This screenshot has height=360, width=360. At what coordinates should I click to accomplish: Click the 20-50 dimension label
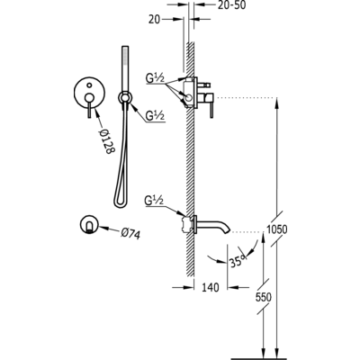pos(231,4)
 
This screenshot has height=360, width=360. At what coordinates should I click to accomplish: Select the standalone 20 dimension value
pos(154,20)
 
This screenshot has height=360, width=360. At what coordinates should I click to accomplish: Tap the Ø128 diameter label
pos(107,141)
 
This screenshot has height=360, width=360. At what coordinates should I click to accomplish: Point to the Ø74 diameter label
pos(130,233)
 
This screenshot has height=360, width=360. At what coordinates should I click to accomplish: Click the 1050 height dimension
pos(277,229)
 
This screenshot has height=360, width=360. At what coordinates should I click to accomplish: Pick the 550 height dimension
pos(264,297)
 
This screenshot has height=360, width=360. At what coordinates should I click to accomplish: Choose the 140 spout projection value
pos(210,287)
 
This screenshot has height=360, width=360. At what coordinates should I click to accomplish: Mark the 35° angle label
pos(238,260)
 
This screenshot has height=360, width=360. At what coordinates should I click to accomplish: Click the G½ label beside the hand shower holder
pos(155,116)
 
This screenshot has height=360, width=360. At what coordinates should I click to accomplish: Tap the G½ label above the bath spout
pos(153,201)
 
